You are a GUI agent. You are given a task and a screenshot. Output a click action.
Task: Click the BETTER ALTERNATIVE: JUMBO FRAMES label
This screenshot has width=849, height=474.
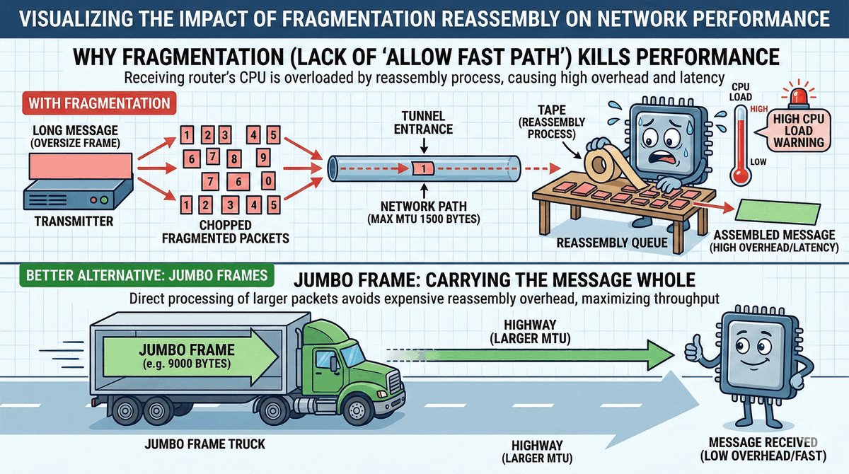144,274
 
